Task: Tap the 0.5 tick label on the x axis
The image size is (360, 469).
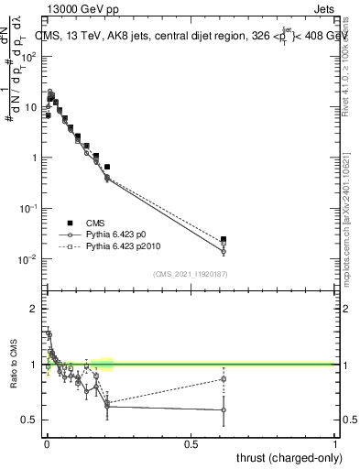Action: [191, 444]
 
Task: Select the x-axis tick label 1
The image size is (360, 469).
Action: [335, 444]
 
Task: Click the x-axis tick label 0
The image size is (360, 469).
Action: [47, 444]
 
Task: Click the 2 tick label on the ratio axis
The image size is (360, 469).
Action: [35, 309]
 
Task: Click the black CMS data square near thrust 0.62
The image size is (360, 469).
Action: [224, 239]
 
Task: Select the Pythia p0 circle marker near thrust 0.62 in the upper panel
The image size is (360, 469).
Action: [224, 251]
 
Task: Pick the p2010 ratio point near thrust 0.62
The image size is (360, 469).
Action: [224, 379]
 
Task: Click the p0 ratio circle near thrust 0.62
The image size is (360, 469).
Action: [224, 409]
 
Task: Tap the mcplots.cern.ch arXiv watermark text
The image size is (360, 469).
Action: [352, 229]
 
